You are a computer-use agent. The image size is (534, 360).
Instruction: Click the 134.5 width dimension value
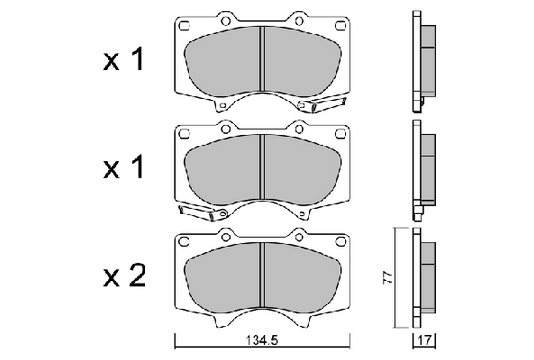point(261,340)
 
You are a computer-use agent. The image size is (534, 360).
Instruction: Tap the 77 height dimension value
point(388,278)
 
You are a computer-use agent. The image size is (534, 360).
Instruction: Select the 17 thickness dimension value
point(425,340)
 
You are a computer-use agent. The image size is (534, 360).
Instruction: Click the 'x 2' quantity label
point(124,276)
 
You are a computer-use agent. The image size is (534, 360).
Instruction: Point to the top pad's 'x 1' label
point(123,59)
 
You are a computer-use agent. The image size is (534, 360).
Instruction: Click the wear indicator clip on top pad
point(322,104)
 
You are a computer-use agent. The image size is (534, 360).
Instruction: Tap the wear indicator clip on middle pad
point(202,212)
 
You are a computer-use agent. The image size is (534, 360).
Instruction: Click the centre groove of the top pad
point(262,59)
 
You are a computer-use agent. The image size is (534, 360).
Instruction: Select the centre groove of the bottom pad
point(262,275)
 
